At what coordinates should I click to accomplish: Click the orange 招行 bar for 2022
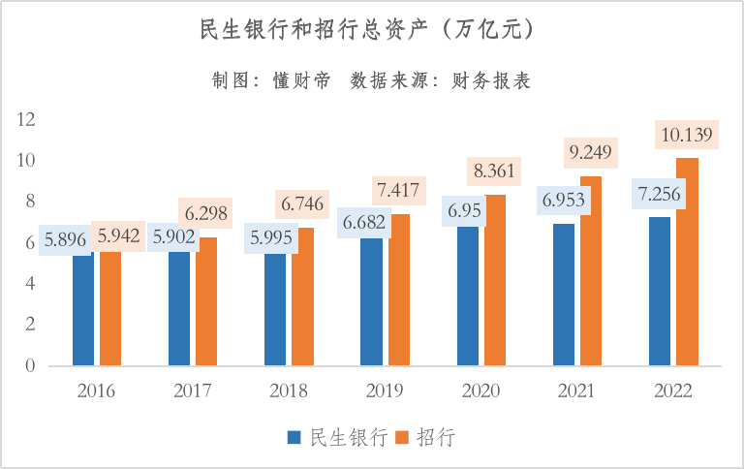pos(687,262)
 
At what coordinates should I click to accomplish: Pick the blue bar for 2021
pos(564,296)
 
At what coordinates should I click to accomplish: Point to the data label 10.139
pos(687,134)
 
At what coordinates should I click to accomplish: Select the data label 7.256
pos(660,193)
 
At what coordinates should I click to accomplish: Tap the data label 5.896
pos(65,238)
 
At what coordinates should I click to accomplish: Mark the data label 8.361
pos(495,171)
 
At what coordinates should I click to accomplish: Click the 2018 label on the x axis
pos(289,391)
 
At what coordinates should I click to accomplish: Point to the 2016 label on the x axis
pos(97,391)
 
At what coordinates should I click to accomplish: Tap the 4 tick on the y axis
pos(30,284)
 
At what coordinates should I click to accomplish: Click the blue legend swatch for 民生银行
pos(294,438)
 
